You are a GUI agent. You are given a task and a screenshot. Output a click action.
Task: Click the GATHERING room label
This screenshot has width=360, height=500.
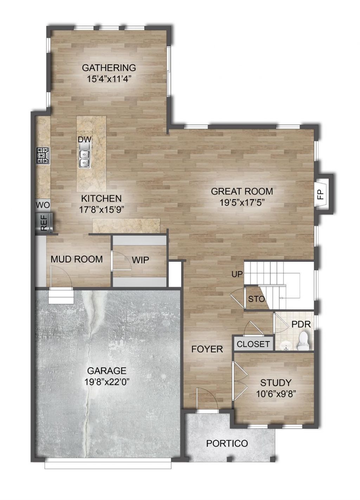(109, 67)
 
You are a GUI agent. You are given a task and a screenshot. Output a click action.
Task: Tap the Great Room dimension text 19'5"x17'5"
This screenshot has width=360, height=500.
(242, 203)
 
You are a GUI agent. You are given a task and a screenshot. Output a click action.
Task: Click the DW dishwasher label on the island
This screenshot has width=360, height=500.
(85, 139)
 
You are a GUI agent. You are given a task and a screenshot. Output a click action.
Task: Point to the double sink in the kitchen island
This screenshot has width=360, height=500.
(84, 158)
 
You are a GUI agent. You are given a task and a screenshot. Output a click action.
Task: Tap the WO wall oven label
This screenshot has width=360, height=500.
(43, 205)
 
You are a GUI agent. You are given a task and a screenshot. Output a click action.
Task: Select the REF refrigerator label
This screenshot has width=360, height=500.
(44, 222)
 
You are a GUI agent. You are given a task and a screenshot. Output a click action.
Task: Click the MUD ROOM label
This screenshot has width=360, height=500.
(77, 259)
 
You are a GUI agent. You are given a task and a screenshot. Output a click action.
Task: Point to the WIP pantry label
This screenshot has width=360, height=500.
(140, 260)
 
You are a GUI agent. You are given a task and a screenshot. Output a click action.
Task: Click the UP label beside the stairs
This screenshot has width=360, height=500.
(237, 274)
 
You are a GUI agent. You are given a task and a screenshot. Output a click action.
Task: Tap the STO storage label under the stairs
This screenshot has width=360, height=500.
(256, 299)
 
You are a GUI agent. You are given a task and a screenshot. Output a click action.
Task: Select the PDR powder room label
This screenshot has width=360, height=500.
(301, 325)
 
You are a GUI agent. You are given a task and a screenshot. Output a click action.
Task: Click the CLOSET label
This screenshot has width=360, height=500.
(253, 344)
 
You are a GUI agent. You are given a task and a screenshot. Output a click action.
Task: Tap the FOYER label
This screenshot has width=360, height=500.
(207, 349)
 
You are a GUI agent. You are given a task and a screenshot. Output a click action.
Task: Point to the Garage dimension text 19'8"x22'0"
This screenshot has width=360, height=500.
(107, 382)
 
